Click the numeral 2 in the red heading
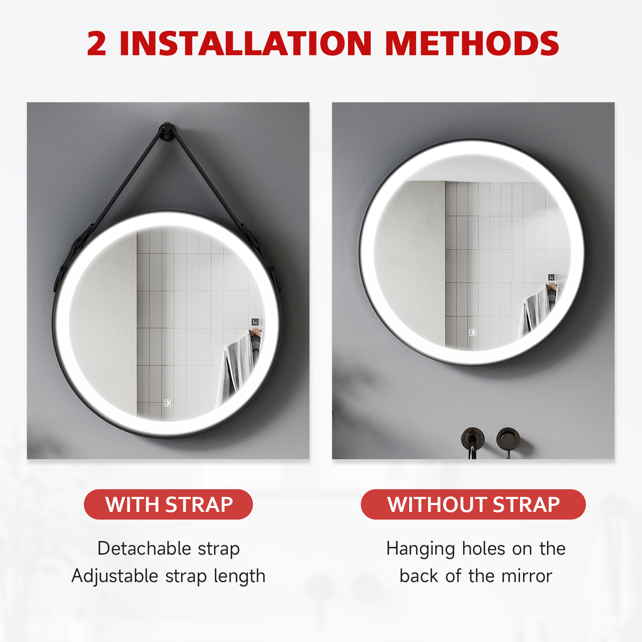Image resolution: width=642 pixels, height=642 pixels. [97, 44]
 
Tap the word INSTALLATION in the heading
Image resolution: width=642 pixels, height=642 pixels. [246, 44]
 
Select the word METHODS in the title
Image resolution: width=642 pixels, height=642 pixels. [472, 44]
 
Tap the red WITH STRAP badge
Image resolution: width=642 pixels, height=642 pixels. [169, 504]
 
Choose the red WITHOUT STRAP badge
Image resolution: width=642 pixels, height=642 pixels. [473, 504]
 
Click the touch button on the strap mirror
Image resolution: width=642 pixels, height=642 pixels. [167, 403]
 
